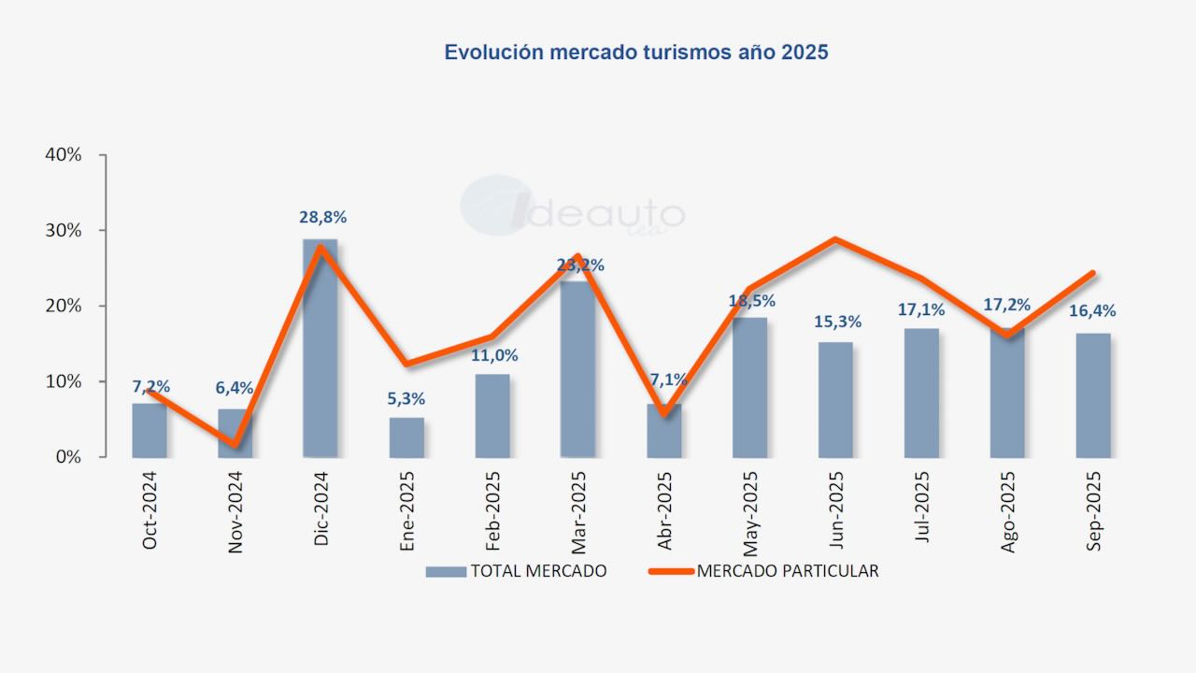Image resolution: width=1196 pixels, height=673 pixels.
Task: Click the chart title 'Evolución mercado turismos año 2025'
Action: pos(636,52)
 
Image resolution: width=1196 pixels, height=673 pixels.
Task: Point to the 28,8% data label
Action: pos(323,217)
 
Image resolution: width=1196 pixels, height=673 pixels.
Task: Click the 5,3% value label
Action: pos(406,398)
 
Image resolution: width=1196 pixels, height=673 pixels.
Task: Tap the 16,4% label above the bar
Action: pos(1093,311)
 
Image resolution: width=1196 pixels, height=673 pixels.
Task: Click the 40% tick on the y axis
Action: pos(64,155)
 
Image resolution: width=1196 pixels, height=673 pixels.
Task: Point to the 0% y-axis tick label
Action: pos(69,457)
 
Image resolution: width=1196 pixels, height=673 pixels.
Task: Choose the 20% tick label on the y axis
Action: pos(64,307)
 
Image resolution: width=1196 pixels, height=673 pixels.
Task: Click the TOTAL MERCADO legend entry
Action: pos(517,571)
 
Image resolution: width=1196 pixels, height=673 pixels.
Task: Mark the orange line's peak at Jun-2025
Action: pos(834,239)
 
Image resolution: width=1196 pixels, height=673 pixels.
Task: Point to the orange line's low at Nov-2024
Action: pos(235,444)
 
